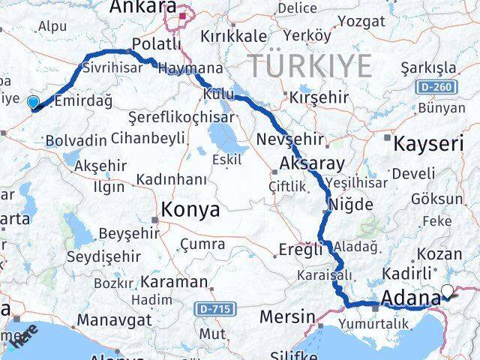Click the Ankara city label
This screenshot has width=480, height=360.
tap(143, 7)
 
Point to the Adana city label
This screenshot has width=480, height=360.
tap(410, 299)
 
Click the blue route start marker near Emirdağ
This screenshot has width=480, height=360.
tap(32, 103)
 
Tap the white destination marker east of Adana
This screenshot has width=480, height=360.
tap(448, 292)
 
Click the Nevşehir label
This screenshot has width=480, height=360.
tap(289, 139)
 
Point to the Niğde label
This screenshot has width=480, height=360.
tap(351, 203)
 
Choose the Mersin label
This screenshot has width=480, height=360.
tap(286, 316)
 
